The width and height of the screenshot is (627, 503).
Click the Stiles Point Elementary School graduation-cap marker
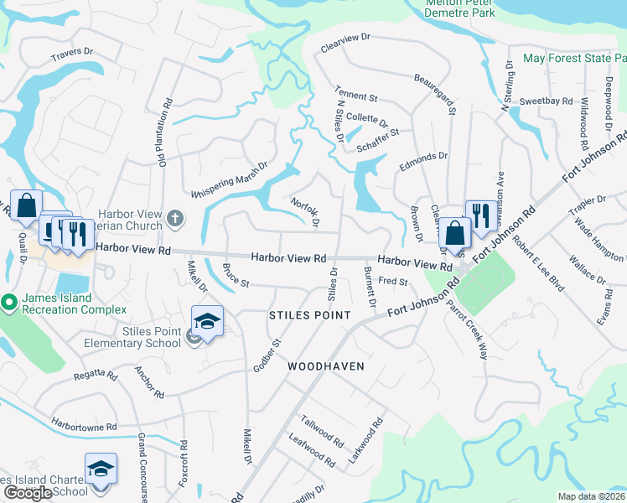coord(207,322)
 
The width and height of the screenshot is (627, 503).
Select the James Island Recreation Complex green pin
coord(8,301)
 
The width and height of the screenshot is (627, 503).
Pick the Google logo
coord(28,493)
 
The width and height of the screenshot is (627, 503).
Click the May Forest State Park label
coord(574,59)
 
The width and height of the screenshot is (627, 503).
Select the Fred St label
coord(392,282)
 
